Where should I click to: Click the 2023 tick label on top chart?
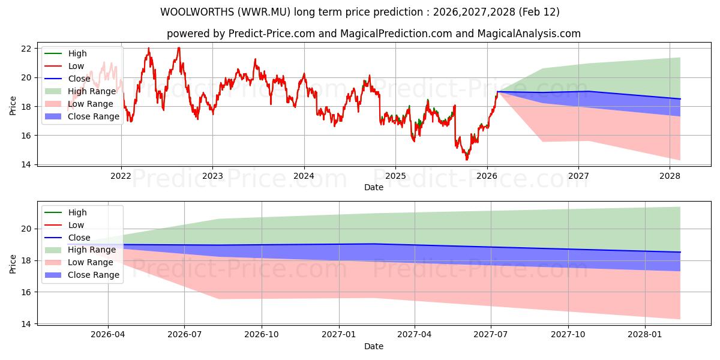coord(212,176)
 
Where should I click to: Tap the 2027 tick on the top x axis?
coord(578,176)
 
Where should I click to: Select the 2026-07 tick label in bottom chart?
coord(184,335)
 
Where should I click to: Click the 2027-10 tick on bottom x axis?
coord(568,335)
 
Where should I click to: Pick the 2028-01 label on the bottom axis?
coord(645,335)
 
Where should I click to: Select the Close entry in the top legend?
coord(79,79)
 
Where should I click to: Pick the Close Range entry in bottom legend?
coord(94,275)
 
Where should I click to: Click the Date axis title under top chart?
coord(374,187)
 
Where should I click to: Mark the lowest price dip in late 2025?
coord(467,159)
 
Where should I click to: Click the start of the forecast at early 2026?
coord(498,92)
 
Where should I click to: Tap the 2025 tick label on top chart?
coord(395,176)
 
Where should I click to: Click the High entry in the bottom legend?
coord(77,212)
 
